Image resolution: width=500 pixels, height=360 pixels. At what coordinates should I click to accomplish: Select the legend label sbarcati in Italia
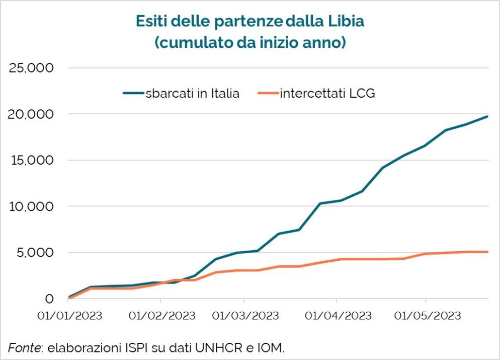click(x=192, y=93)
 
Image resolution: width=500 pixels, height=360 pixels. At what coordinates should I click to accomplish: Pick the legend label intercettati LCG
click(x=327, y=93)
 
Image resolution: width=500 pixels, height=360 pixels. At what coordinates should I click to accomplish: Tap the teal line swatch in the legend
click(x=133, y=93)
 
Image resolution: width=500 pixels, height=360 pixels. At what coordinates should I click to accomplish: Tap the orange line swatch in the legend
click(x=267, y=93)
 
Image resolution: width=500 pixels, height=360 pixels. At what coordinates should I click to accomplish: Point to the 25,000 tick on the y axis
click(x=31, y=68)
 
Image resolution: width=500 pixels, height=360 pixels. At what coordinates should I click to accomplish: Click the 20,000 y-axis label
click(x=31, y=114)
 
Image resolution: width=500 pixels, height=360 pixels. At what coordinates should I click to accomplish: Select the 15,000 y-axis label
click(x=31, y=161)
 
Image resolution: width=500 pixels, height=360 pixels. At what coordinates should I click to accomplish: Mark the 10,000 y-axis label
click(x=31, y=206)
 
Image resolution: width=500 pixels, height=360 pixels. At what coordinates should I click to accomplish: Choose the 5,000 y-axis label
click(x=35, y=253)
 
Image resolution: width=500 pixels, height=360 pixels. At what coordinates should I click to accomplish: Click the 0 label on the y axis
click(x=49, y=299)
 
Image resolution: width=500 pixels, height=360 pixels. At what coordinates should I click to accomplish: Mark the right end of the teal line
click(x=487, y=116)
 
